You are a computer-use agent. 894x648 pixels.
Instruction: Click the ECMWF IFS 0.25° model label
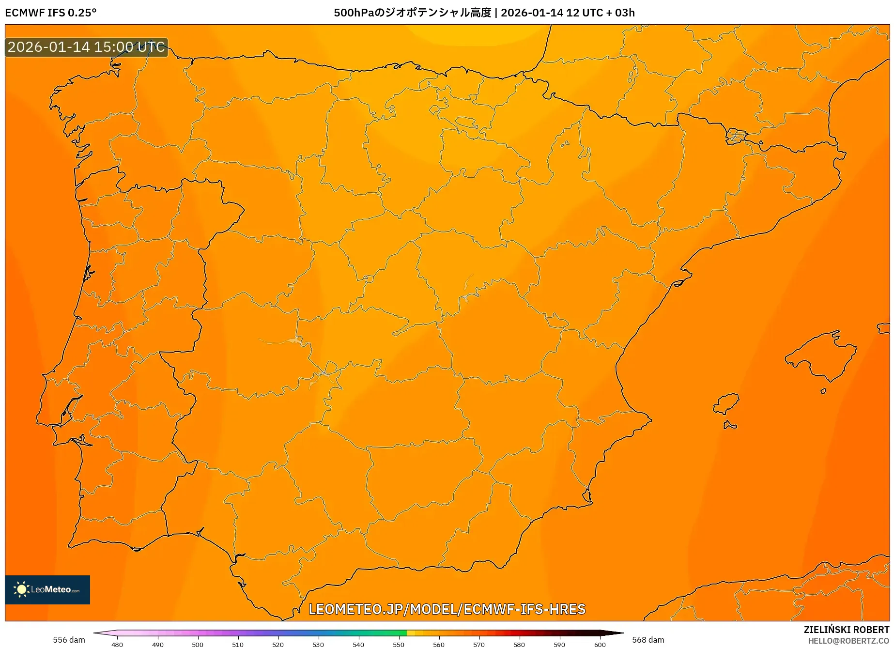tap(51, 13)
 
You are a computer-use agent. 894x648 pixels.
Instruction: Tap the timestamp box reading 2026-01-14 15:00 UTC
tap(86, 47)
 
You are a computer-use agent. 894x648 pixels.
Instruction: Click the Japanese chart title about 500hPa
tap(484, 13)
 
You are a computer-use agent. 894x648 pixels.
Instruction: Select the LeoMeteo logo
tap(47, 589)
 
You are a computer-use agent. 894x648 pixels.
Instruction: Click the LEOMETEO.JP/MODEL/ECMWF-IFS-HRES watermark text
tap(447, 609)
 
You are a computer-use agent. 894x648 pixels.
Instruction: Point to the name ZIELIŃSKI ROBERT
tap(846, 630)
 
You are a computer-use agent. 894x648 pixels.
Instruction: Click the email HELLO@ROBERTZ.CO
tap(848, 641)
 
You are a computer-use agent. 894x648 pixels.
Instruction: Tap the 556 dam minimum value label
tap(69, 640)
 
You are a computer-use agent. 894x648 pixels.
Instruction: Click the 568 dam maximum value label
tap(647, 640)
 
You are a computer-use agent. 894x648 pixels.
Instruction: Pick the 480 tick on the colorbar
tap(117, 644)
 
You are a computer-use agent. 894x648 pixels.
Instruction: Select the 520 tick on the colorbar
tap(278, 644)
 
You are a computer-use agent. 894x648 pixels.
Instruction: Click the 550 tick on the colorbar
tap(399, 644)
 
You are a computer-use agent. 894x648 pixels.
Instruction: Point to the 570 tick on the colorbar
tap(479, 644)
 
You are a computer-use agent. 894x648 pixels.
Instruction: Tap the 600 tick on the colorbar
tap(600, 644)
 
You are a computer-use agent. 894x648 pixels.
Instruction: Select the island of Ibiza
tap(726, 404)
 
